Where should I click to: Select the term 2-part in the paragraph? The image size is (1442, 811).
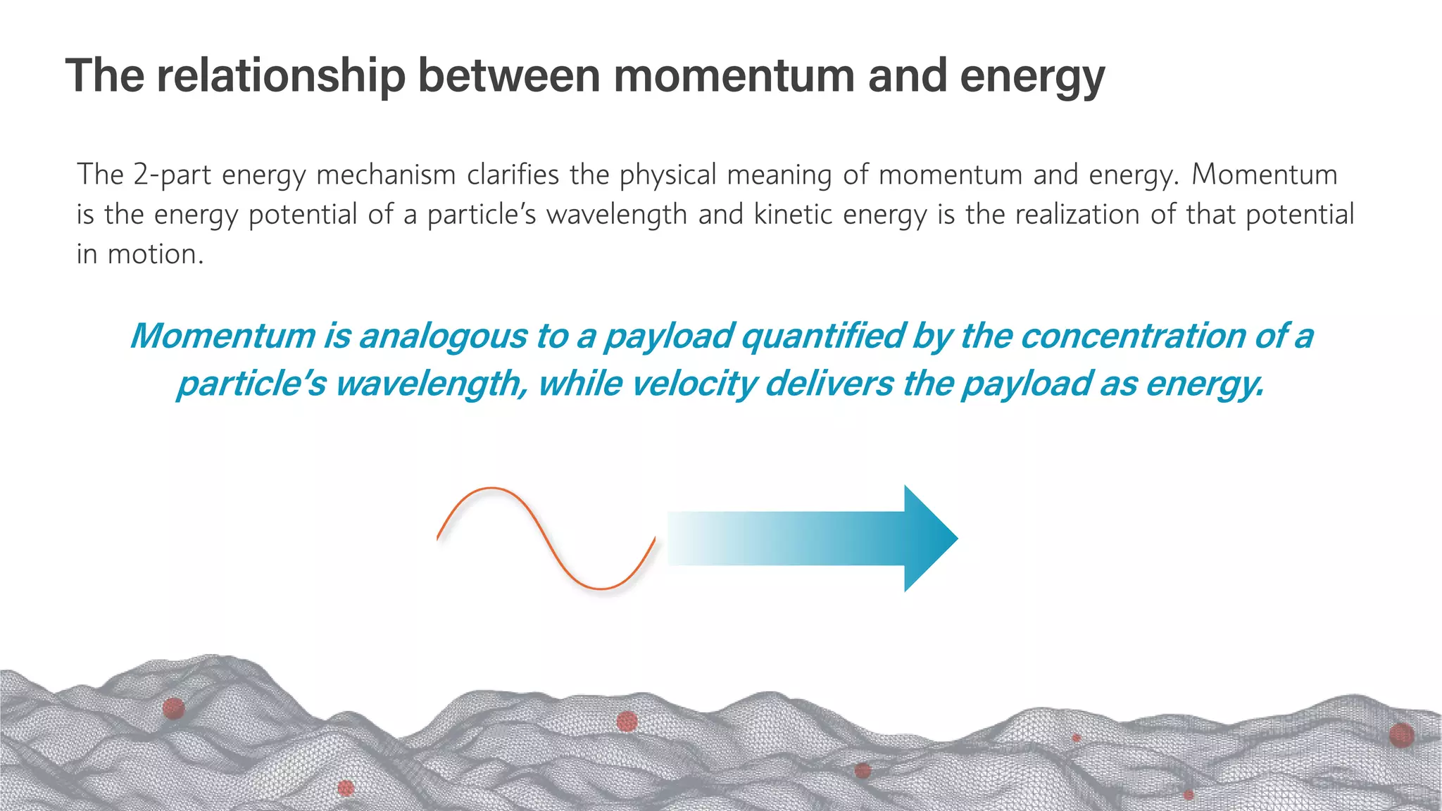(x=172, y=175)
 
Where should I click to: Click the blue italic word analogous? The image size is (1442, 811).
(x=442, y=337)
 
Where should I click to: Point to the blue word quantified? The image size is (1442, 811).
(x=822, y=337)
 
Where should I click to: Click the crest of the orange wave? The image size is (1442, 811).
(x=491, y=489)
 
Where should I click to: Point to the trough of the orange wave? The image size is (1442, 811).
(x=602, y=588)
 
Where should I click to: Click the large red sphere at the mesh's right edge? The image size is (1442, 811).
(x=1401, y=736)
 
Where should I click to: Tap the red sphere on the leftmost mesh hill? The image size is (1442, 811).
(x=173, y=708)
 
